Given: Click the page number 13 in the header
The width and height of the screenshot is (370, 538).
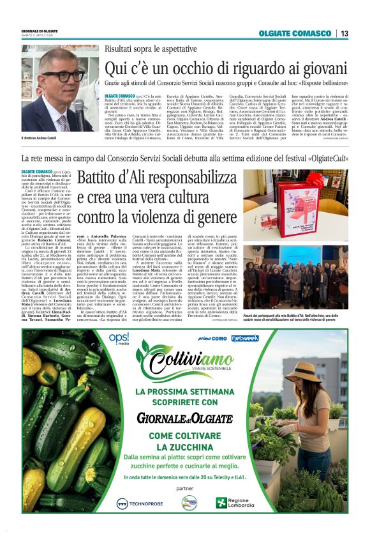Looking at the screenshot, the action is click(x=344, y=33).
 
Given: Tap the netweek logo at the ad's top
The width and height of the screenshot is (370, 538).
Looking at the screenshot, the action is click(x=245, y=338).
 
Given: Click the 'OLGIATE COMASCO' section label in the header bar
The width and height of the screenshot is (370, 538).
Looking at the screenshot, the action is click(x=295, y=33).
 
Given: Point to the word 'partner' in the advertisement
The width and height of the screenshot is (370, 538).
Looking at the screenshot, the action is click(x=184, y=489).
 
